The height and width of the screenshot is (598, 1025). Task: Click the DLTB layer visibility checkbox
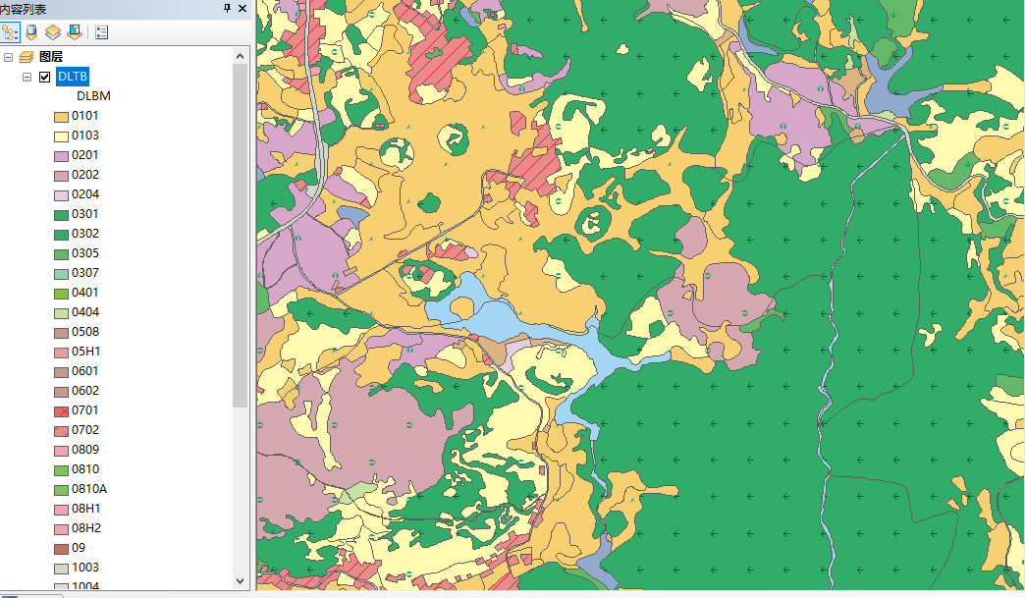pos(44,77)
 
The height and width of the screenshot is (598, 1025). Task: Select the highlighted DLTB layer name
pos(73,77)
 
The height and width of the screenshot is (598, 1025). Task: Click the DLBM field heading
pos(93,96)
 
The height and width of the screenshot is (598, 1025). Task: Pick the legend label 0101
pos(84,116)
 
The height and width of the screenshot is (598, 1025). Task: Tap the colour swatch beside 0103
pos(61,136)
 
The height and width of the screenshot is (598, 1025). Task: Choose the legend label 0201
pos(84,155)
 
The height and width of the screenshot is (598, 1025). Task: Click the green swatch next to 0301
pos(61,214)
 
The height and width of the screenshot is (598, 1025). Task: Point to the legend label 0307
pos(84,273)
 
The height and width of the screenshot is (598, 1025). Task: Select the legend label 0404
pos(84,312)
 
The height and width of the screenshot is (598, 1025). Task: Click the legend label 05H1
pos(85,352)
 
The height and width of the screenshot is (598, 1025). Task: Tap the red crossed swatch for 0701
pos(61,410)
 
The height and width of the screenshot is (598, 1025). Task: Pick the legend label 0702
pos(84,430)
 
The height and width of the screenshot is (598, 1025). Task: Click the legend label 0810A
pos(88,489)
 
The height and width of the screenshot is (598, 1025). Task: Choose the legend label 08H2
pos(85,528)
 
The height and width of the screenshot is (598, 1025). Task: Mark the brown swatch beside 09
pos(61,548)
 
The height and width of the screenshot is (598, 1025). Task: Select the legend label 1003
pos(84,568)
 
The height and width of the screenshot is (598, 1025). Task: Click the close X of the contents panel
pos(243,8)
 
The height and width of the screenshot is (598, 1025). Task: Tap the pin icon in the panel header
pos(228,8)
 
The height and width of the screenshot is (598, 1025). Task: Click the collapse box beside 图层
pos(8,57)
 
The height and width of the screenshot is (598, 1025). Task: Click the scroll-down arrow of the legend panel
pos(241,580)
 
